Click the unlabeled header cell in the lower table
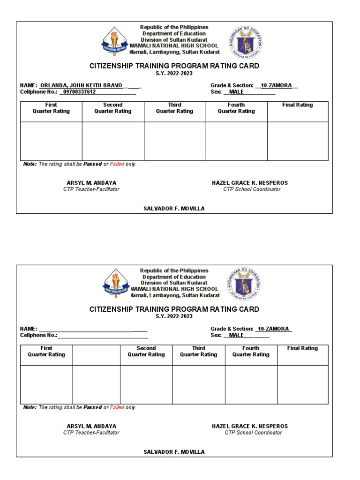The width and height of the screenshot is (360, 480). (96, 355)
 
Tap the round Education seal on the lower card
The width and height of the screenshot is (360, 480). (245, 284)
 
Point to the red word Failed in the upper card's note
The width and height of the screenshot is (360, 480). (117, 164)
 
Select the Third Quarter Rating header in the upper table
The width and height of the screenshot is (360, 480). (174, 108)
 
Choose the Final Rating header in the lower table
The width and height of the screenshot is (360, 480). (302, 348)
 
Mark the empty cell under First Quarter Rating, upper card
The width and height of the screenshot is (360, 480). (51, 141)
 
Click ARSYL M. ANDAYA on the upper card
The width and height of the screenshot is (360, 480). (91, 183)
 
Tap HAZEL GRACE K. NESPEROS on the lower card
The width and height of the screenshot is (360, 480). (250, 426)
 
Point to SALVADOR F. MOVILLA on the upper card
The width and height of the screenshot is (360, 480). (174, 208)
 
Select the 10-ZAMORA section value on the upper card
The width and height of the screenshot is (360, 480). (277, 85)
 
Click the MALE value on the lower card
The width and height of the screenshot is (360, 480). (236, 335)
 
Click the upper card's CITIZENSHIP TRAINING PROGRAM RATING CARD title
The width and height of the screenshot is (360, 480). (174, 66)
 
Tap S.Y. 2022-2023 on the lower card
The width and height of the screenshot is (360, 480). (174, 316)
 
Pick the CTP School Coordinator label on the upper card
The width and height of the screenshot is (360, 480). (252, 189)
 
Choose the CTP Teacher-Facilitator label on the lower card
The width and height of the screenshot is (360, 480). (91, 433)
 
